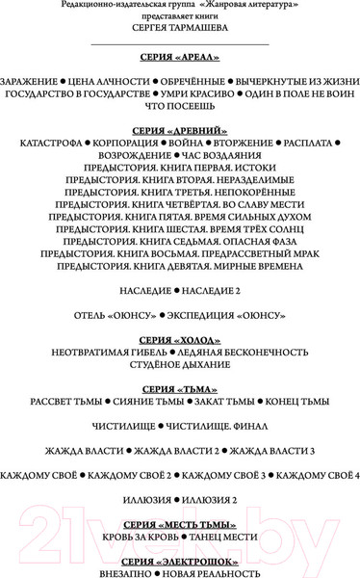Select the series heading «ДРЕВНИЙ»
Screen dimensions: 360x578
tap(180, 129)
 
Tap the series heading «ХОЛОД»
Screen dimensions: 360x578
tap(180, 341)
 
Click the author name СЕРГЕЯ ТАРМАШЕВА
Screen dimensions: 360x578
tap(180, 30)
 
